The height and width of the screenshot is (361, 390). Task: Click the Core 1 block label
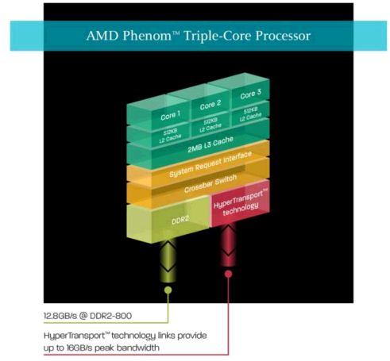pyautogui.click(x=170, y=115)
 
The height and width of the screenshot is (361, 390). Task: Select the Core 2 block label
pyautogui.click(x=210, y=105)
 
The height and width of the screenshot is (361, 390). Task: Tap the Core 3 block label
pyautogui.click(x=250, y=94)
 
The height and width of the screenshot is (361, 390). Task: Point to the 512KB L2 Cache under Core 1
pyautogui.click(x=170, y=136)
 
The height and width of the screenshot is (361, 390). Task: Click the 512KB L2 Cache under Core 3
pyautogui.click(x=250, y=114)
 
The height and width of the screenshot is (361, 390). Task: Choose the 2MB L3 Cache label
pyautogui.click(x=210, y=144)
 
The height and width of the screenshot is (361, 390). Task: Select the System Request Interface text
pyautogui.click(x=210, y=164)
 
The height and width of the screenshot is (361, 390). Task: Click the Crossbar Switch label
pyautogui.click(x=210, y=183)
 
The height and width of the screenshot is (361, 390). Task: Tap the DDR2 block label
pyautogui.click(x=180, y=219)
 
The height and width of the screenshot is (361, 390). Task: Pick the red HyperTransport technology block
pyautogui.click(x=241, y=202)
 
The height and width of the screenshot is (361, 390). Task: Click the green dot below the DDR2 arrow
pyautogui.click(x=168, y=290)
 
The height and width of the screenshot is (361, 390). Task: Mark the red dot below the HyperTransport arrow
pyautogui.click(x=228, y=274)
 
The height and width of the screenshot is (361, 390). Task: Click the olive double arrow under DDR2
pyautogui.click(x=168, y=260)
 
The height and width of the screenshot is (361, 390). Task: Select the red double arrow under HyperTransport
pyautogui.click(x=228, y=244)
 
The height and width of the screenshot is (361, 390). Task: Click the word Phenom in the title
pyautogui.click(x=147, y=36)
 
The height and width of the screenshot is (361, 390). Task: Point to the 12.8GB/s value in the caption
pyautogui.click(x=60, y=316)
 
